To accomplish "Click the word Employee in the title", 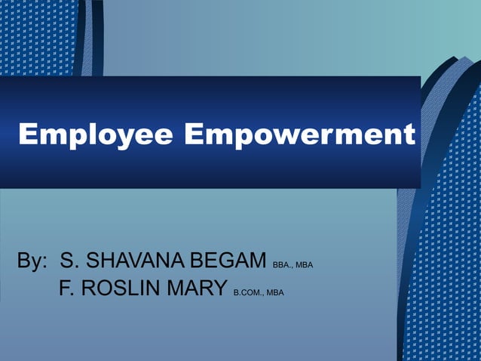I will click(96, 135).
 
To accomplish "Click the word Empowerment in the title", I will click(299, 135).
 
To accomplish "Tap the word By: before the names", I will click(32, 261).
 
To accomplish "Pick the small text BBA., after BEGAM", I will click(282, 265).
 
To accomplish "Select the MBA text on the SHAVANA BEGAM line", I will click(304, 265).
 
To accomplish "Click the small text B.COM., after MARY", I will click(248, 292).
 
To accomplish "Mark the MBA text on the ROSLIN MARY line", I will click(274, 292).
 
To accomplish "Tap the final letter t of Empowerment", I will click(409, 136).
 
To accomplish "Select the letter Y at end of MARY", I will click(220, 288).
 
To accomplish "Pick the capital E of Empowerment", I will click(195, 135).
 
